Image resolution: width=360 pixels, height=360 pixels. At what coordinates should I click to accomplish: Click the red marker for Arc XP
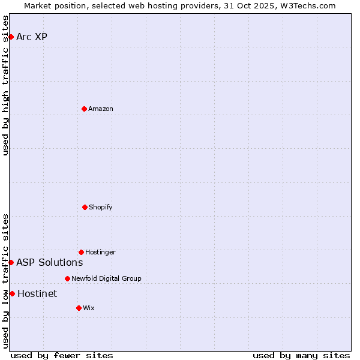[x=11, y=37]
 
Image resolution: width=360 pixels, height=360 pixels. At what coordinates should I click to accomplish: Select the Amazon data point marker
[x=84, y=109]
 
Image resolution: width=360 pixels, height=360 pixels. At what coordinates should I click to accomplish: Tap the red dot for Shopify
[x=85, y=207]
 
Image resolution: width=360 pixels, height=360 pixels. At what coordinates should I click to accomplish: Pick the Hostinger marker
[x=81, y=252]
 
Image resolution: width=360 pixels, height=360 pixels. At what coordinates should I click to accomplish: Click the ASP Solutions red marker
[x=11, y=262]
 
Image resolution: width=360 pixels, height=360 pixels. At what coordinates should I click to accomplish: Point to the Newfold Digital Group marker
[x=67, y=278]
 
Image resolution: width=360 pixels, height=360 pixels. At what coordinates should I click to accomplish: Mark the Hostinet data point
[x=12, y=293]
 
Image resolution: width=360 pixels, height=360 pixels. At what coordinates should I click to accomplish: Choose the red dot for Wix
[x=79, y=308]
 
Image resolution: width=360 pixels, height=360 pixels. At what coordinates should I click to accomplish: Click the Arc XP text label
[x=32, y=37]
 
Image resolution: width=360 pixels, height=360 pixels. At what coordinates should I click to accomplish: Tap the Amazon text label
[x=101, y=109]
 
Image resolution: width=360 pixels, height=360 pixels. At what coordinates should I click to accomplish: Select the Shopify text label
[x=101, y=207]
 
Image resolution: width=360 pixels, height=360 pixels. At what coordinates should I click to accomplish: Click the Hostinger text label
[x=100, y=252]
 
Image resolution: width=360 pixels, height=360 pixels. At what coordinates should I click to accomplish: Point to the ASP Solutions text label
[x=50, y=262]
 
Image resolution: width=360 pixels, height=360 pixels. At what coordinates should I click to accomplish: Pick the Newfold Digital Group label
[x=106, y=278]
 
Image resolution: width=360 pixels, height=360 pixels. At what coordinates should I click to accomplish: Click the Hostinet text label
[x=37, y=293]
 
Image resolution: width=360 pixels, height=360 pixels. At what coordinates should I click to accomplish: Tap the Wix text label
[x=89, y=308]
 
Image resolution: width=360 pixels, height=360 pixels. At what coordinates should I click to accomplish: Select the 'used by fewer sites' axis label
[x=62, y=355]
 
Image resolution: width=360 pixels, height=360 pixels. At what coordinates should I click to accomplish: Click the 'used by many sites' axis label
[x=301, y=355]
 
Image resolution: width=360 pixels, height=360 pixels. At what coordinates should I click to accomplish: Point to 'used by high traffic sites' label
[x=5, y=85]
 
